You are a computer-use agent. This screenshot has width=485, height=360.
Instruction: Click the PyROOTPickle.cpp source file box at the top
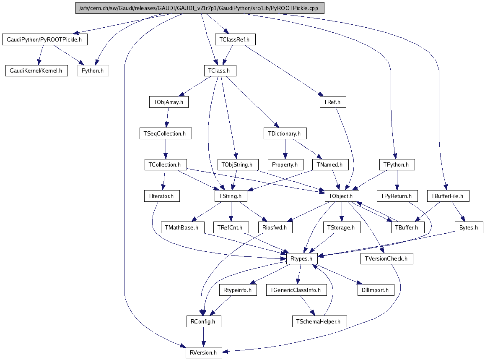[x=200, y=8]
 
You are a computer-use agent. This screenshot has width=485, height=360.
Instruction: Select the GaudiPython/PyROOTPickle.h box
[x=45, y=40]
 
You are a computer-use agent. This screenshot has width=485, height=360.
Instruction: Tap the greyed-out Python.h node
[x=93, y=70]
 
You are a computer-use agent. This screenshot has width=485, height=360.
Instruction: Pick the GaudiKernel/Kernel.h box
[x=36, y=70]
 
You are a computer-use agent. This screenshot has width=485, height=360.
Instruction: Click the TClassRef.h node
[x=234, y=40]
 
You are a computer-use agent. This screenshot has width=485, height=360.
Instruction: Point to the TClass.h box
[x=219, y=70]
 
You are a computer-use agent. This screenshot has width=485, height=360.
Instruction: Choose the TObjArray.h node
[x=169, y=102]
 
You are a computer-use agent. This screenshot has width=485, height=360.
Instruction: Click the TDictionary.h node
[x=285, y=134]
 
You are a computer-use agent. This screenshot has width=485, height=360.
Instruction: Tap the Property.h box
[x=285, y=164]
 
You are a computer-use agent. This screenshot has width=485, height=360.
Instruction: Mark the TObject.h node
[x=342, y=196]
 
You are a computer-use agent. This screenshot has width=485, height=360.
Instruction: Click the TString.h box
[x=231, y=196]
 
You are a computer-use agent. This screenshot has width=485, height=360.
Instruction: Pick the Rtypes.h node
[x=301, y=259]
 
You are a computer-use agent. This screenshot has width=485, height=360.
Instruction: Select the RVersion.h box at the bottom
[x=204, y=352]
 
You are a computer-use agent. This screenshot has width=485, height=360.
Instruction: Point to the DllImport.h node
[x=375, y=290]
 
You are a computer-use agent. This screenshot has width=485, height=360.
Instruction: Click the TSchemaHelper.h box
[x=319, y=321]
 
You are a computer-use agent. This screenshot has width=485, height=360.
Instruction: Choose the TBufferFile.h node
[x=448, y=196]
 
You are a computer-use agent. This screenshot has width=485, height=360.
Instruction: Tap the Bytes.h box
[x=469, y=227]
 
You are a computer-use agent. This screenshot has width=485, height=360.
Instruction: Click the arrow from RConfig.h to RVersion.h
[x=203, y=337]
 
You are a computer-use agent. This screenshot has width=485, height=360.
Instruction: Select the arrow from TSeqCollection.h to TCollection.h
[x=166, y=149]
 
